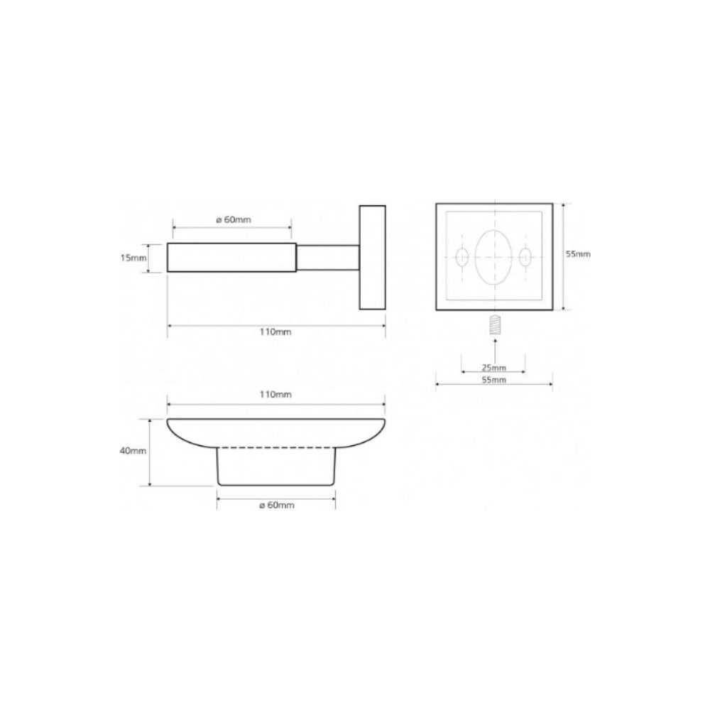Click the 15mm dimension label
tap(133, 258)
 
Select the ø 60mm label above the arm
tap(233, 220)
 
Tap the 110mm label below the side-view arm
tap(275, 332)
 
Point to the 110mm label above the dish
tap(275, 394)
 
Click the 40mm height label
tap(133, 451)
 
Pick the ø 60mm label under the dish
tap(277, 506)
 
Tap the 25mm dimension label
tap(493, 367)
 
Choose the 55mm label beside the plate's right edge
tap(578, 254)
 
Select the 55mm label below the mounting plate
tap(493, 380)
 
